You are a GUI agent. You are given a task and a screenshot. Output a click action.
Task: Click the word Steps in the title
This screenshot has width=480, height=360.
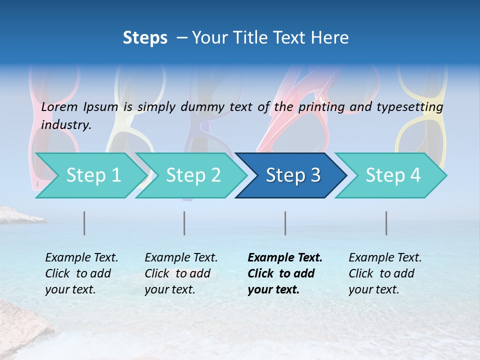[x=145, y=37]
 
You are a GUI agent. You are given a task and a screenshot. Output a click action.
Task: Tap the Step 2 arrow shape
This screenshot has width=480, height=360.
[x=193, y=175]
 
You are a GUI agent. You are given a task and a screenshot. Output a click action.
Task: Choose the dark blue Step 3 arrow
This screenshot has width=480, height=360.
[x=292, y=175]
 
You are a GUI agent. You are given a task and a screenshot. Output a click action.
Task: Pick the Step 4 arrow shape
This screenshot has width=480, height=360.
[x=392, y=175]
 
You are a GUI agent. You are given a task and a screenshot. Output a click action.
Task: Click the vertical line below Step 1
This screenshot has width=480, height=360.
[x=84, y=223]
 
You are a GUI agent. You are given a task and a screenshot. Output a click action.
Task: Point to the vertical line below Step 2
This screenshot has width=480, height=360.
[x=184, y=223]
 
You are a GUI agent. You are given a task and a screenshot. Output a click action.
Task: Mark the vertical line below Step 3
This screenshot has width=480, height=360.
[x=285, y=223]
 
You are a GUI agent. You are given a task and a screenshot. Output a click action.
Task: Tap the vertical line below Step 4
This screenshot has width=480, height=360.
[x=386, y=223]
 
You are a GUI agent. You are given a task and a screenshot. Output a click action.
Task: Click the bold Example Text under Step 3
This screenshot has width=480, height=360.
[x=285, y=273]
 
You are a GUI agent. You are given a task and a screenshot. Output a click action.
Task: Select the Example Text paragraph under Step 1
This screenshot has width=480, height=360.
[x=81, y=273]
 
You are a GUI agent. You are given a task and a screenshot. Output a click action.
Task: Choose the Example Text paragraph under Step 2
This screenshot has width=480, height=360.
[x=181, y=273]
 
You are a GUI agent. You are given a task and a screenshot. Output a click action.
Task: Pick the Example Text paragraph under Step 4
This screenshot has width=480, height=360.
[x=385, y=273]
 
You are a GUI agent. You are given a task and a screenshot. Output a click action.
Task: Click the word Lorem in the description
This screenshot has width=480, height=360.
[x=59, y=107]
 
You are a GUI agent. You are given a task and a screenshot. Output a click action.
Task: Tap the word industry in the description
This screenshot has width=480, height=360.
[x=66, y=124]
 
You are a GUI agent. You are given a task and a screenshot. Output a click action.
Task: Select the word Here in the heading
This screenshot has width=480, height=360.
[x=331, y=37]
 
